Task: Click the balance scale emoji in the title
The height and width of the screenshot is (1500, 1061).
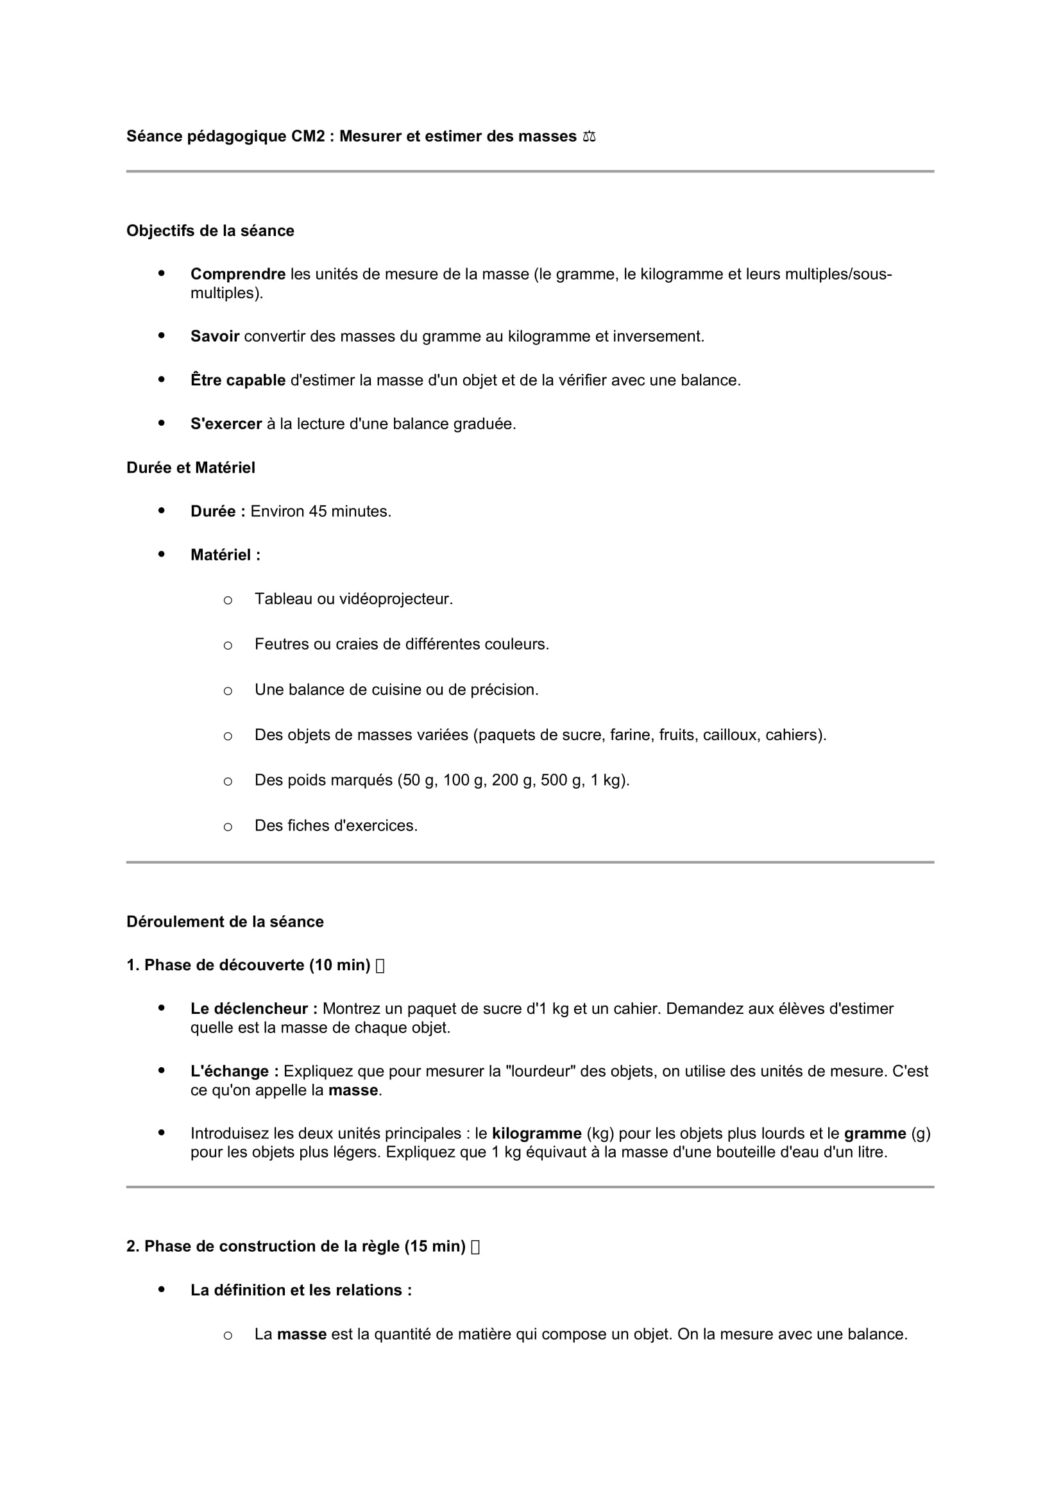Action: [x=590, y=137]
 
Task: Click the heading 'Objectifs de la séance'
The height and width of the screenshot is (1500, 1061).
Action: [x=210, y=231]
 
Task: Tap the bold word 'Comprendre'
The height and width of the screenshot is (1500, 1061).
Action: [x=238, y=274]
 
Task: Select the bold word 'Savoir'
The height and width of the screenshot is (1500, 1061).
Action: [x=214, y=337]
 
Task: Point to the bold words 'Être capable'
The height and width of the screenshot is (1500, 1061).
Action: [x=238, y=380]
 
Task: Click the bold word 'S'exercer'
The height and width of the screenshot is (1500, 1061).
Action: [x=226, y=424]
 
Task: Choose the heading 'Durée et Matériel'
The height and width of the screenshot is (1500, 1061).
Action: [x=191, y=468]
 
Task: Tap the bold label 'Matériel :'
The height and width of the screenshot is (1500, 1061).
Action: [x=225, y=555]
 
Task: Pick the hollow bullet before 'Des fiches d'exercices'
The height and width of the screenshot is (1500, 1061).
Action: [x=227, y=827]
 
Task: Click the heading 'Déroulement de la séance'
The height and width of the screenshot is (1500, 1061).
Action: [x=225, y=922]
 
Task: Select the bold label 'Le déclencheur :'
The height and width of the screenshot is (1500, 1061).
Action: [x=253, y=1009]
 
